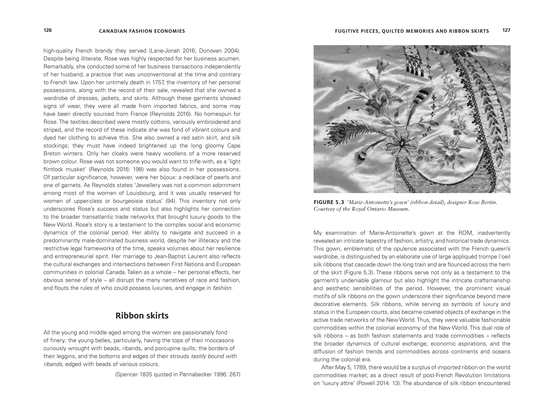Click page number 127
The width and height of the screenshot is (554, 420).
coord(506,30)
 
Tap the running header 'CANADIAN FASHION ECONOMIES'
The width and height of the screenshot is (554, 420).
coord(142,31)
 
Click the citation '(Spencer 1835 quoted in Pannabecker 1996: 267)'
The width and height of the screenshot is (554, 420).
coord(178,375)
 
